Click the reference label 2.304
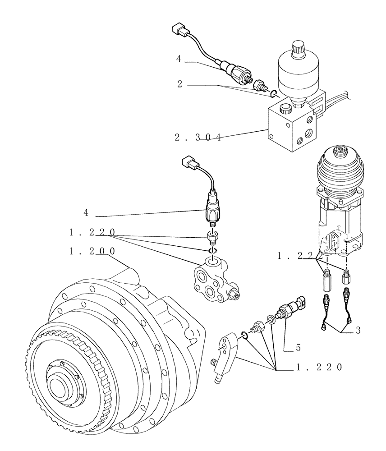198,138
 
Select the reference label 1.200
92,251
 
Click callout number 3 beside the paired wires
358,331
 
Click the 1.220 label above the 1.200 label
92,232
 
